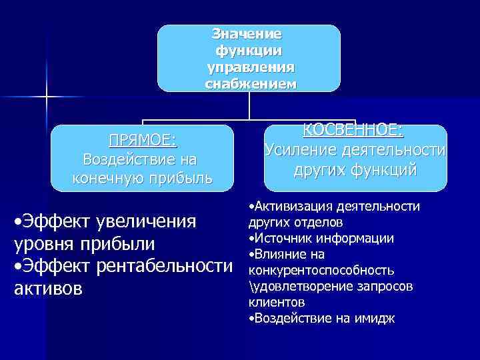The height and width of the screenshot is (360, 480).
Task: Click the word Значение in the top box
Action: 247,33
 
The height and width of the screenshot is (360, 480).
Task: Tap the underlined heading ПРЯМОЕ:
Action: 143,140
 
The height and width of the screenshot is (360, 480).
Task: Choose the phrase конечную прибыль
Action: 142,178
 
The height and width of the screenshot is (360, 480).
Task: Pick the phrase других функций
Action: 355,171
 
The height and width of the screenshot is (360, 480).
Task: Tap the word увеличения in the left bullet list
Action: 148,221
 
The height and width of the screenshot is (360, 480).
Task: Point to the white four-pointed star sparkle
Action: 47,97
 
